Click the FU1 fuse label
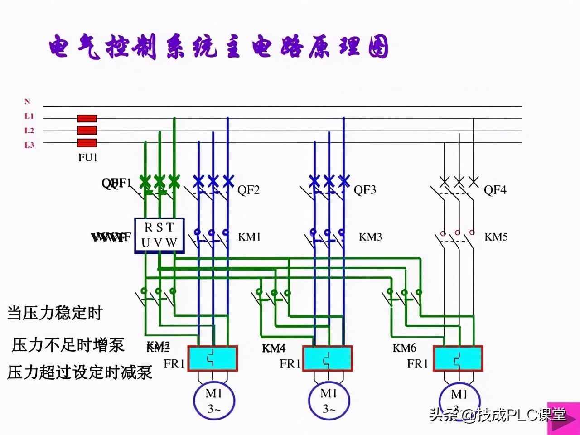pos(88,158)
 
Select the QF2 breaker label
pos(249,190)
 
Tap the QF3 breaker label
pos(365,190)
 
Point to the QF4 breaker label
pos(495,190)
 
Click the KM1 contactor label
pos(250,237)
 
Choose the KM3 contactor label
pos(371,237)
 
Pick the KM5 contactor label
pos(496,237)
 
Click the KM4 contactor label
pos(274,348)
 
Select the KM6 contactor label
pos(404,348)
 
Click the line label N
pos(27,102)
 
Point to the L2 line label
pos(29,130)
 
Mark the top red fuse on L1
pos(87,119)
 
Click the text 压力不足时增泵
pos(68,345)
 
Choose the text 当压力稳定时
pos(55,313)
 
